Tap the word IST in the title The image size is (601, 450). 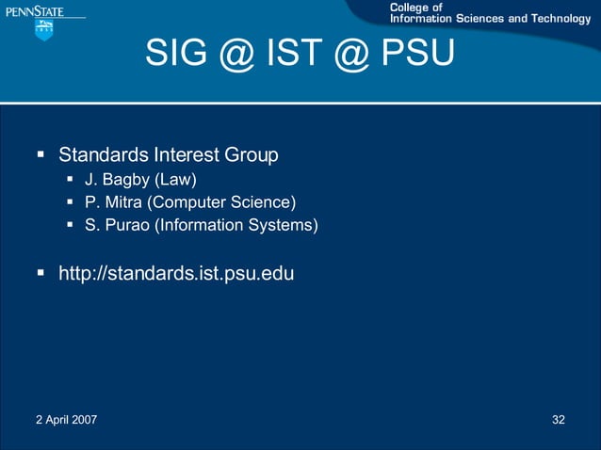coord(300,56)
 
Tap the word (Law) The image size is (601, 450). coord(175,179)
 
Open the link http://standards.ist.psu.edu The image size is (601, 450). coord(176,274)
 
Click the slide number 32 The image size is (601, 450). coord(559,419)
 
